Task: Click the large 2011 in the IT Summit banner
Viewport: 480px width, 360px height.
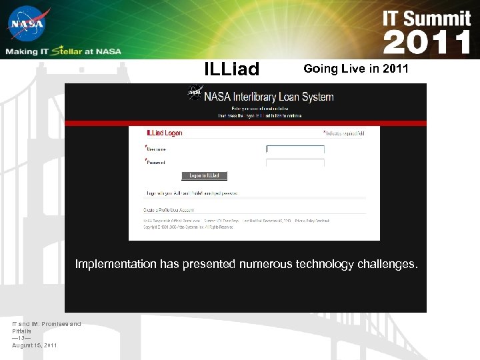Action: pyautogui.click(x=427, y=42)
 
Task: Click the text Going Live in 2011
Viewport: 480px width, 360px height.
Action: pyautogui.click(x=355, y=69)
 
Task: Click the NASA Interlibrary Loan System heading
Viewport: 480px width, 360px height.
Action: pyautogui.click(x=269, y=97)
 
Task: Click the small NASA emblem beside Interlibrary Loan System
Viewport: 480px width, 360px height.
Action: pyautogui.click(x=195, y=94)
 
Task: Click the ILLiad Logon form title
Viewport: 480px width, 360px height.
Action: pyautogui.click(x=164, y=133)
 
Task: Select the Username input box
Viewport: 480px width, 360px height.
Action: pyautogui.click(x=295, y=149)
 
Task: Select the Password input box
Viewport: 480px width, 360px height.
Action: pyautogui.click(x=295, y=162)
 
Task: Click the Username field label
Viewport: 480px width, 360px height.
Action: pyautogui.click(x=156, y=149)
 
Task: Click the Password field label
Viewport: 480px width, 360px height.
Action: pyautogui.click(x=156, y=162)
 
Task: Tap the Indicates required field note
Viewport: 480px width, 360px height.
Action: pyautogui.click(x=344, y=133)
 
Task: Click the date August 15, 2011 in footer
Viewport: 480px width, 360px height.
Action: pyautogui.click(x=34, y=345)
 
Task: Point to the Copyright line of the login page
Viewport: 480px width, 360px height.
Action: pyautogui.click(x=189, y=227)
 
